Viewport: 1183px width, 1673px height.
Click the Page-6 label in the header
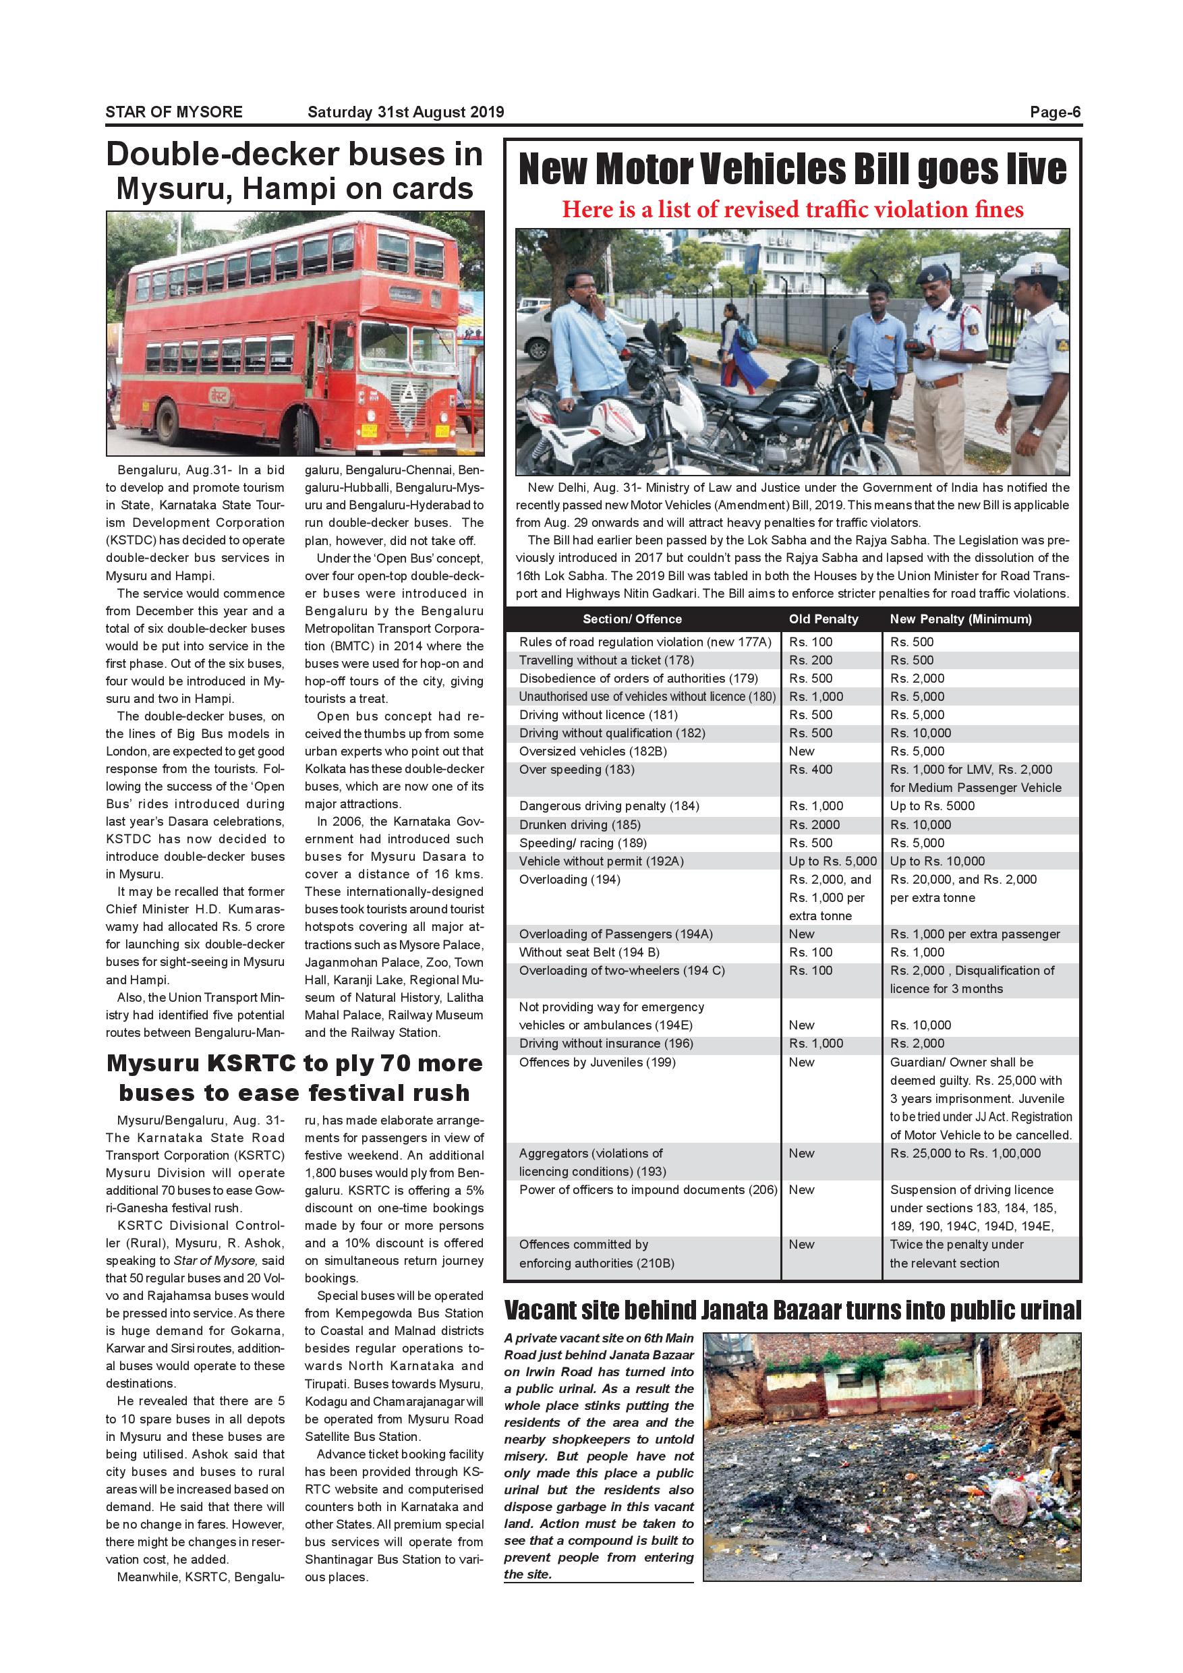pos(1055,112)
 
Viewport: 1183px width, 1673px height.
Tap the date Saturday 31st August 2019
pos(405,112)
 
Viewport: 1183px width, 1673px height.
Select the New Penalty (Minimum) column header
pos(960,619)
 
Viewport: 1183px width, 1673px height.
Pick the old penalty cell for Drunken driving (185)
pos(813,824)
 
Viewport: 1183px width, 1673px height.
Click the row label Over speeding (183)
pos(576,770)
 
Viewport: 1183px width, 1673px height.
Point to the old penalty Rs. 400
pos(810,770)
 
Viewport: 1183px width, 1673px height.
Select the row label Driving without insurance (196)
pos(606,1043)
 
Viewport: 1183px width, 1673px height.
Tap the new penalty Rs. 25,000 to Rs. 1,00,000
pos(964,1153)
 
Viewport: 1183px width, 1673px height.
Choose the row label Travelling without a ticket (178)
pos(606,660)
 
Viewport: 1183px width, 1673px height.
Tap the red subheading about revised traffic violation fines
pos(792,210)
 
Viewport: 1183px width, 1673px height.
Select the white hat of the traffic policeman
pos(1034,266)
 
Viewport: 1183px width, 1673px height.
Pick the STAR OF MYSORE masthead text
pos(173,112)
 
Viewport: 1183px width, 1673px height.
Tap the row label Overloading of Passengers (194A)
pos(615,934)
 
